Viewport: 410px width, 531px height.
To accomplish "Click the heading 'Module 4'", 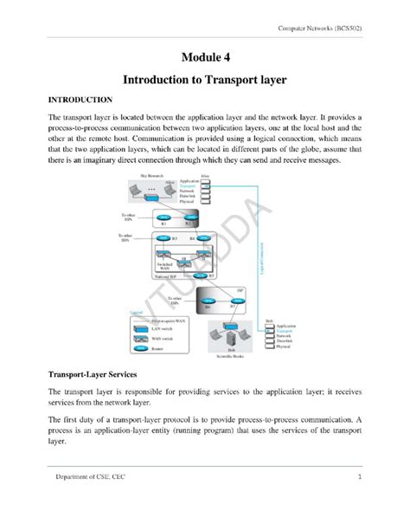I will [x=204, y=57].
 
